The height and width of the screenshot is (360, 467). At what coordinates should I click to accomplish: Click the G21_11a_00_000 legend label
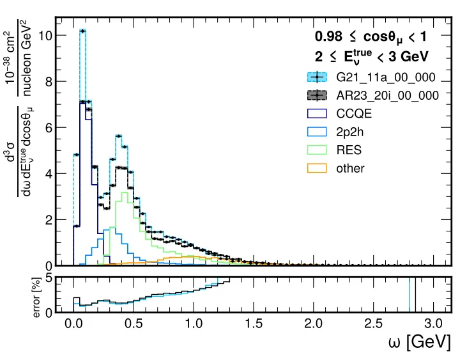pos(387,77)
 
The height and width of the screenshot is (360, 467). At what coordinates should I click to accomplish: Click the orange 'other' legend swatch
pos(318,168)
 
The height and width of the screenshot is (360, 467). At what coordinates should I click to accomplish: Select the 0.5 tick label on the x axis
pos(134,324)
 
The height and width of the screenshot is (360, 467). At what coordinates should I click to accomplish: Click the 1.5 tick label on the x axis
pos(253,324)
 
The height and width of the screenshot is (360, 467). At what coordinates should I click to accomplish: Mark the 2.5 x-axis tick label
pos(373,324)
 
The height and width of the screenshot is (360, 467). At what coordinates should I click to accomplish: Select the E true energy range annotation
pos(371,56)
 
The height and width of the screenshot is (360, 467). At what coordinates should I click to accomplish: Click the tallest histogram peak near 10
pos(82,30)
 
